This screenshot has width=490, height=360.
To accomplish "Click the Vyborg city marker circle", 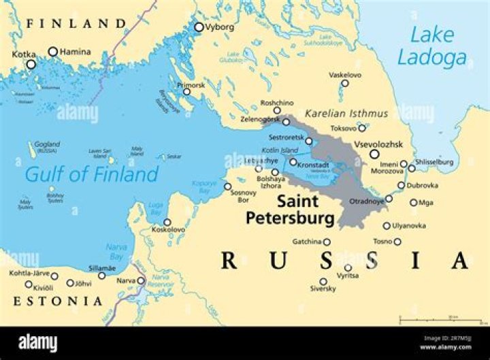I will pos(199,27).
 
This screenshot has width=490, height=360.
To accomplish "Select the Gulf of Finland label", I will pos(91,174).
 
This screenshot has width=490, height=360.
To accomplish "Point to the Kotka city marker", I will pos(31,65).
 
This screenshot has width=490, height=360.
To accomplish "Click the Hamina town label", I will pos(75,51).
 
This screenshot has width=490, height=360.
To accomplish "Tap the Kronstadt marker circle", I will pos(293,162).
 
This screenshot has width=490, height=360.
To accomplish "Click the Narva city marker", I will pos(141,280).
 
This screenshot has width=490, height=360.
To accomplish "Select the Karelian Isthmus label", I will pos(346,113).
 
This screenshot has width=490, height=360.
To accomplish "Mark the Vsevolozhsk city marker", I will pos(374,154).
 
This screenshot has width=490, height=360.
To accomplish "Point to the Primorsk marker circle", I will pos(186,92).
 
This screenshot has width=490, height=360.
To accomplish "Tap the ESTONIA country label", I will pos(56,301).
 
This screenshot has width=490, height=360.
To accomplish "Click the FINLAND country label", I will pos(76,24).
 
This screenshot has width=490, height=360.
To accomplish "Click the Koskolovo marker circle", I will pos(167,222).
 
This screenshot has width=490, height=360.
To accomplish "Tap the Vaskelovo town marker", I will pos(345,84).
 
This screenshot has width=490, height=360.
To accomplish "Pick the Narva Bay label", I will pos(116,251).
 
